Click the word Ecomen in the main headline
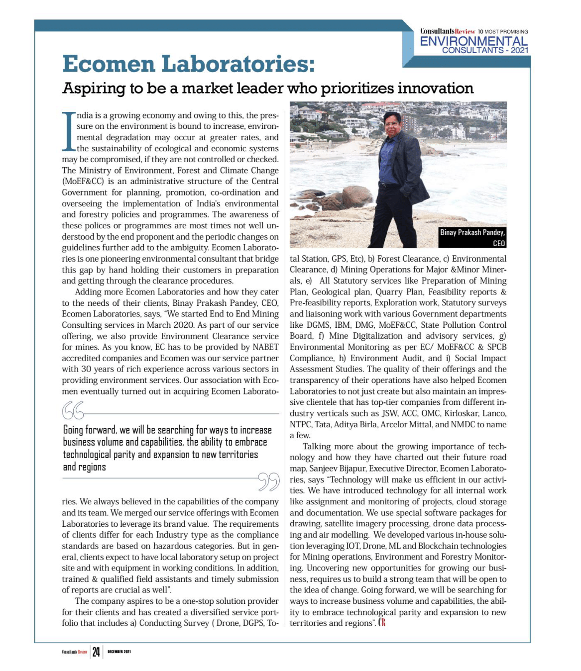point(109,64)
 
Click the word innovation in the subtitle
point(435,89)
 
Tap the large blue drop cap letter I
point(68,131)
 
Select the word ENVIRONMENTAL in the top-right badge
point(473,41)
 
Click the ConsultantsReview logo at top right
point(448,31)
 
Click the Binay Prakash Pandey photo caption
point(472,232)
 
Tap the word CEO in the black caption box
point(499,243)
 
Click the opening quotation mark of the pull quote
point(73,411)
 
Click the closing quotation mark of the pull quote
point(269,481)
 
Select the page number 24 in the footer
point(96,652)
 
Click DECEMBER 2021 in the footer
point(119,652)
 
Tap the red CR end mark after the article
point(382,623)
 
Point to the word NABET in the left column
point(266,347)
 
